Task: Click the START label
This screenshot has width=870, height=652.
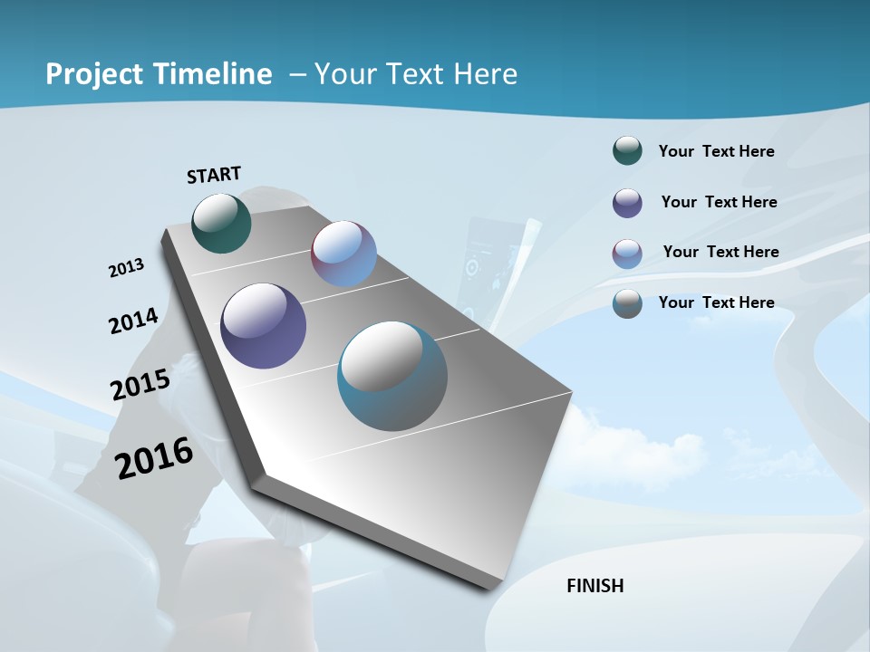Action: tap(214, 174)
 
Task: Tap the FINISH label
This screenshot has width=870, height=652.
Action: tap(594, 586)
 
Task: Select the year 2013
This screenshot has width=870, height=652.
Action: tap(126, 268)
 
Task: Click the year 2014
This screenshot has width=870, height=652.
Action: tap(133, 321)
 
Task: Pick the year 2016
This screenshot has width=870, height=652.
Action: tap(154, 457)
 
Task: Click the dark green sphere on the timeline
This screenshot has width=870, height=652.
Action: tap(221, 223)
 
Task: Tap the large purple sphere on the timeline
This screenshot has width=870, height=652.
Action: tap(263, 326)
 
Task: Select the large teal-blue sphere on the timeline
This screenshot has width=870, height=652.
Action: tap(392, 376)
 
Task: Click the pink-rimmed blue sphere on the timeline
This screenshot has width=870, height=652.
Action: tap(343, 254)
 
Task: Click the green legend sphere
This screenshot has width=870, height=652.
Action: tap(627, 151)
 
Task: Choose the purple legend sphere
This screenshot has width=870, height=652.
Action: tap(627, 203)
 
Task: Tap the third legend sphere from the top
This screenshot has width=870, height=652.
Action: tap(627, 254)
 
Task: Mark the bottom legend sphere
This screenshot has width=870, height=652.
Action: tap(627, 303)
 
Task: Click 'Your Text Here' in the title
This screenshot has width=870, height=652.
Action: tap(416, 74)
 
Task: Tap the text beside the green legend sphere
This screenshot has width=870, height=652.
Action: tap(716, 151)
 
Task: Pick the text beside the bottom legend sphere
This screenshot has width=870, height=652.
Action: tap(716, 302)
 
